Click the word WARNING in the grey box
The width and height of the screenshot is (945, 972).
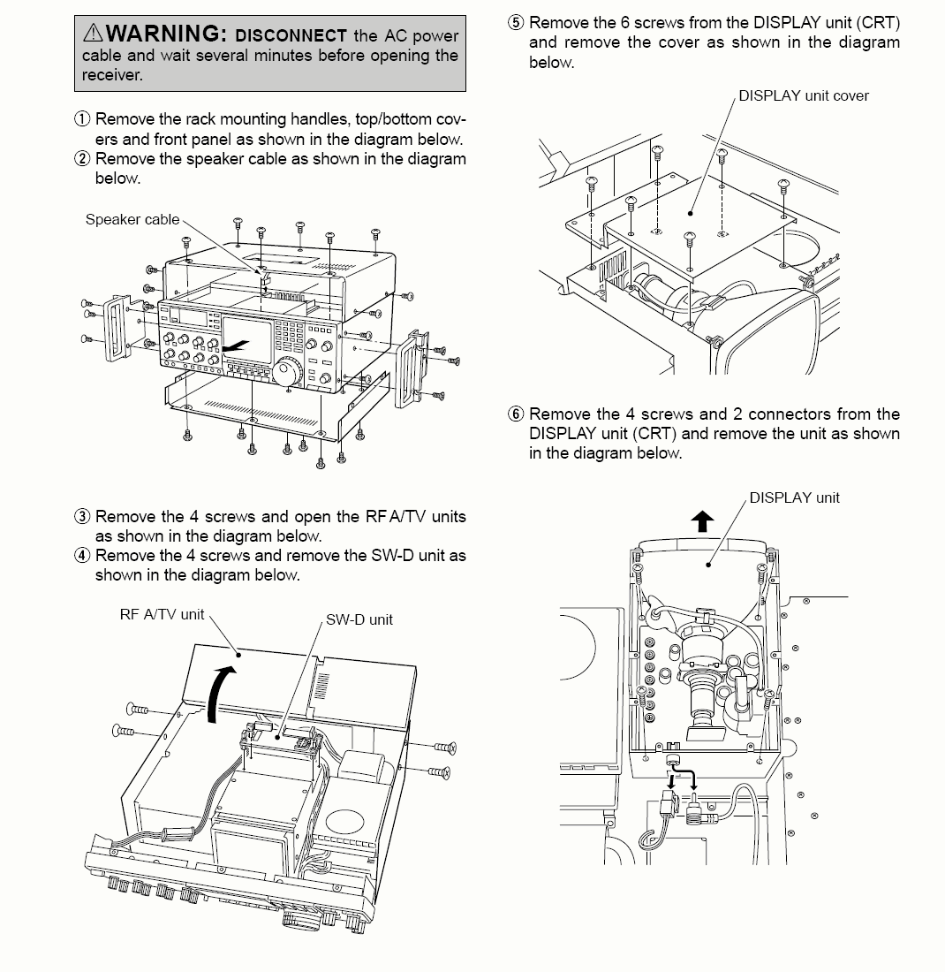coord(162,33)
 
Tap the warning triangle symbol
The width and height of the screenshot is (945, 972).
coord(93,33)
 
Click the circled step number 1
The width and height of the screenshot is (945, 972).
coord(82,118)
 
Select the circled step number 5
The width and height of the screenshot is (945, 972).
coord(516,23)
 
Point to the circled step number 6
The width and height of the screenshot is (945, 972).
coord(516,414)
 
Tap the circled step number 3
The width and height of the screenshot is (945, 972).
coord(82,516)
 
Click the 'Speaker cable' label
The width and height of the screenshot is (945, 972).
coord(132,219)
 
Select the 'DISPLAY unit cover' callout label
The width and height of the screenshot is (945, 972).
coord(804,95)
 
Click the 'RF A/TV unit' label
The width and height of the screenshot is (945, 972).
coord(162,614)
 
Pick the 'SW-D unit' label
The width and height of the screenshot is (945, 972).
coord(359,619)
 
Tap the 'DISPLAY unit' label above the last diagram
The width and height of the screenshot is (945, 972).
coord(795,497)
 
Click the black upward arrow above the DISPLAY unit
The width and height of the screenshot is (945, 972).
coord(702,520)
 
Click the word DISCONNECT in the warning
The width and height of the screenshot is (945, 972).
coord(291,35)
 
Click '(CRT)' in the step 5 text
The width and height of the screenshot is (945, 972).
coord(879,23)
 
